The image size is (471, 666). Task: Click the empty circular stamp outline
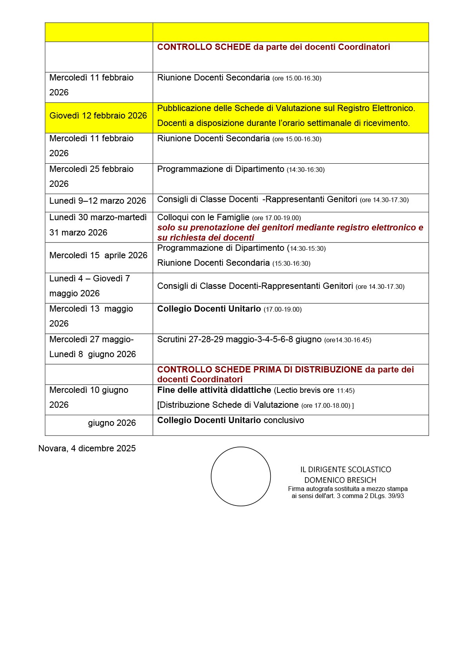(x=241, y=476)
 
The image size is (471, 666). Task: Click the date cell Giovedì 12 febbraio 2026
(x=98, y=116)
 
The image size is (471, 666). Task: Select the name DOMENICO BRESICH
(x=340, y=480)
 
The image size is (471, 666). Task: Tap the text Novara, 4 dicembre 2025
(x=87, y=449)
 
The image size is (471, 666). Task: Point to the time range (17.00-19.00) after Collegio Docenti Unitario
(x=283, y=310)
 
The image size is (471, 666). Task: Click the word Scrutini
(x=172, y=339)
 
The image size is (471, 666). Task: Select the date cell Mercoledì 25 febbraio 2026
(x=91, y=176)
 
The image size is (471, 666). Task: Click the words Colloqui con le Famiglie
(x=203, y=217)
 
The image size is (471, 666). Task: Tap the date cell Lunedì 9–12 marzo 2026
(x=98, y=201)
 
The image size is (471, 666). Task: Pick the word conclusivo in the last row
(x=284, y=420)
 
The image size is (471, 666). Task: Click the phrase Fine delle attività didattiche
(x=214, y=390)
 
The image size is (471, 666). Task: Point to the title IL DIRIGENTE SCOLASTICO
(x=345, y=469)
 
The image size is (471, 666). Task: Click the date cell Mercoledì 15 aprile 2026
(x=99, y=255)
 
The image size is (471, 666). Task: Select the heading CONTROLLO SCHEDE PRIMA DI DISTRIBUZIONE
(x=259, y=370)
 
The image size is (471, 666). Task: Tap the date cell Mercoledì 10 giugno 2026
(x=89, y=397)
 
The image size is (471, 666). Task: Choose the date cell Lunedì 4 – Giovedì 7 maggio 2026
(x=89, y=286)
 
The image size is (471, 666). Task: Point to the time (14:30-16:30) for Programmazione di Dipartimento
(x=305, y=170)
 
